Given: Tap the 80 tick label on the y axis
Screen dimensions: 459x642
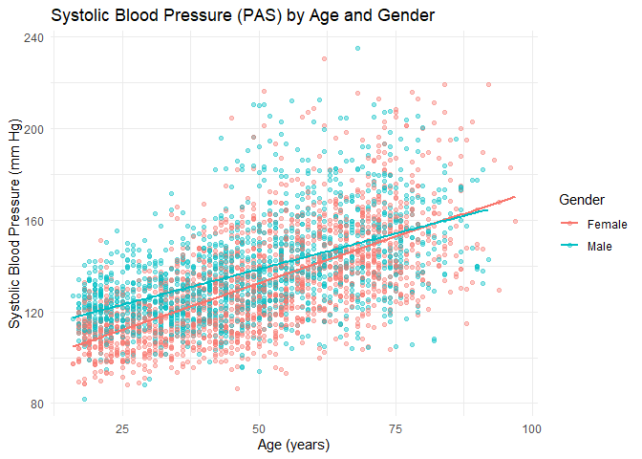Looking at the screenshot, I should coord(35,404).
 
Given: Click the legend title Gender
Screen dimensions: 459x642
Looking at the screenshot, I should coord(581,199).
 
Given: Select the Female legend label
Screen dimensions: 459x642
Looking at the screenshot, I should coord(607,225).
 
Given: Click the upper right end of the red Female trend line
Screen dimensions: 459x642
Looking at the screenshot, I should coord(515,197).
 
